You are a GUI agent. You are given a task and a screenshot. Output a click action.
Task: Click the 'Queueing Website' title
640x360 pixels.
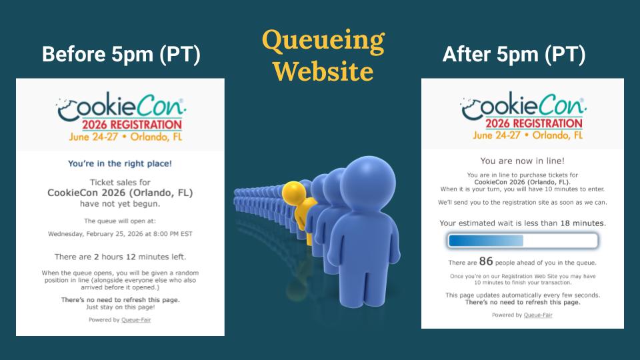coord(323,55)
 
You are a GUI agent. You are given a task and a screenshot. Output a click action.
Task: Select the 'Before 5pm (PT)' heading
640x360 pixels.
coord(121,54)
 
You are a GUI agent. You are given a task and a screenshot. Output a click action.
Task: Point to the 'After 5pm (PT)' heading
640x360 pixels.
coord(514,54)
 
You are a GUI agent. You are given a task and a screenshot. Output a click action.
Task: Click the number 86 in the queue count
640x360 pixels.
coord(486,261)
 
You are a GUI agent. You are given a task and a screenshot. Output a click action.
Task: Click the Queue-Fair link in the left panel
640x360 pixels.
coord(136,320)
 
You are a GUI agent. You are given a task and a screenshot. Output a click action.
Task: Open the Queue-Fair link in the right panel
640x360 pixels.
coord(537,315)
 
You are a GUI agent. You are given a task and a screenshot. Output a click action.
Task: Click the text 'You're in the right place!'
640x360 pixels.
coord(120,164)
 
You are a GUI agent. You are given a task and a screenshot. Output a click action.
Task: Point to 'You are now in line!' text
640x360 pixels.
coord(523,161)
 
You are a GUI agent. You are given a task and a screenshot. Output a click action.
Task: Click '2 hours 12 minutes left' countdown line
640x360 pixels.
coord(121,257)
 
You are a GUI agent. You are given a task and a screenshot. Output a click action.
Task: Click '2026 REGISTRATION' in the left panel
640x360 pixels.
coord(132,125)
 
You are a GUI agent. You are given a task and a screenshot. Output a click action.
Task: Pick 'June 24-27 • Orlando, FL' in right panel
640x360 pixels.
coord(528,135)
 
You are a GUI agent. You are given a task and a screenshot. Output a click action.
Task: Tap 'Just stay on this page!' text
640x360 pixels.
coord(121,307)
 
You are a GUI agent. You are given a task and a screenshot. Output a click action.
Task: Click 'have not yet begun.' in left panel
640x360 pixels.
coord(120,204)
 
